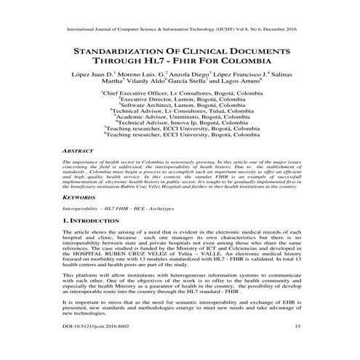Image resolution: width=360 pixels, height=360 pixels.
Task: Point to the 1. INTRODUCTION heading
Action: coord(98,219)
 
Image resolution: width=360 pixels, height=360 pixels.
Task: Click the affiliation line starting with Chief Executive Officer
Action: coord(178,95)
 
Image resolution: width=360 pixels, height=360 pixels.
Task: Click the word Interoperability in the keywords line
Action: coord(84,207)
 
